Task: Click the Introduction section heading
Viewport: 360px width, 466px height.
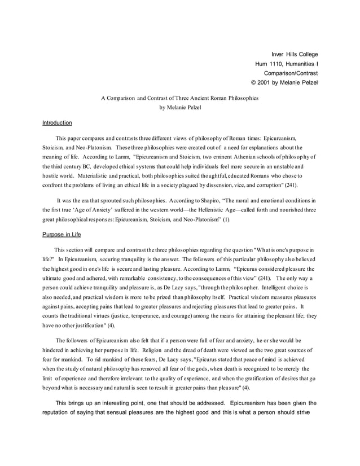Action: (x=57, y=122)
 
